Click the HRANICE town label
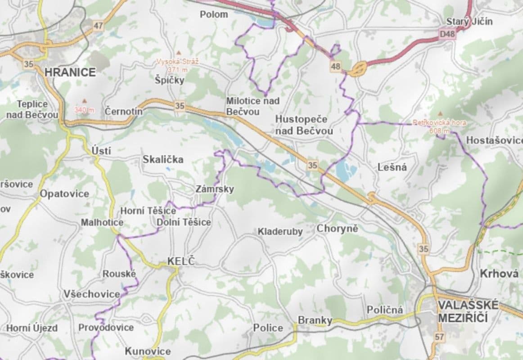tap(70, 72)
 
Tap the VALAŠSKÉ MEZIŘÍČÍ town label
tap(468, 311)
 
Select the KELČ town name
tap(182, 261)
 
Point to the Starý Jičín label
tap(469, 21)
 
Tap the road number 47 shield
tap(99, 26)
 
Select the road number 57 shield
tap(439, 337)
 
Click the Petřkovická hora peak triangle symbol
tap(440, 114)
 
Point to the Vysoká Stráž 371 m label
tap(178, 65)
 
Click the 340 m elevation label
tap(84, 110)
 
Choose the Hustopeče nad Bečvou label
tap(303, 125)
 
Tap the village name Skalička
tap(163, 159)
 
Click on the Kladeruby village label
tap(280, 232)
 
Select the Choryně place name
tap(337, 229)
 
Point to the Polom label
tap(214, 14)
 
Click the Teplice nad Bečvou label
tap(32, 109)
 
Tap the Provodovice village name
tap(106, 327)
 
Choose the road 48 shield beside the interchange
tap(335, 66)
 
